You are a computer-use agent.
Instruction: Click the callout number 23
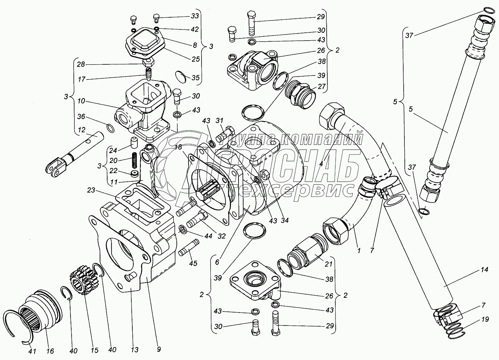point(91,190)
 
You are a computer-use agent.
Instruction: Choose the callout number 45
point(193,263)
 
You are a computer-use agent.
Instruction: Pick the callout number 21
point(328,264)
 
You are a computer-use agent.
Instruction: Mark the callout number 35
point(195,77)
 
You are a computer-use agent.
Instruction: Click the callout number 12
point(82,130)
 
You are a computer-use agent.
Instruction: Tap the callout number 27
point(322,86)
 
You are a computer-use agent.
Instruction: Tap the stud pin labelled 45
point(188,247)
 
